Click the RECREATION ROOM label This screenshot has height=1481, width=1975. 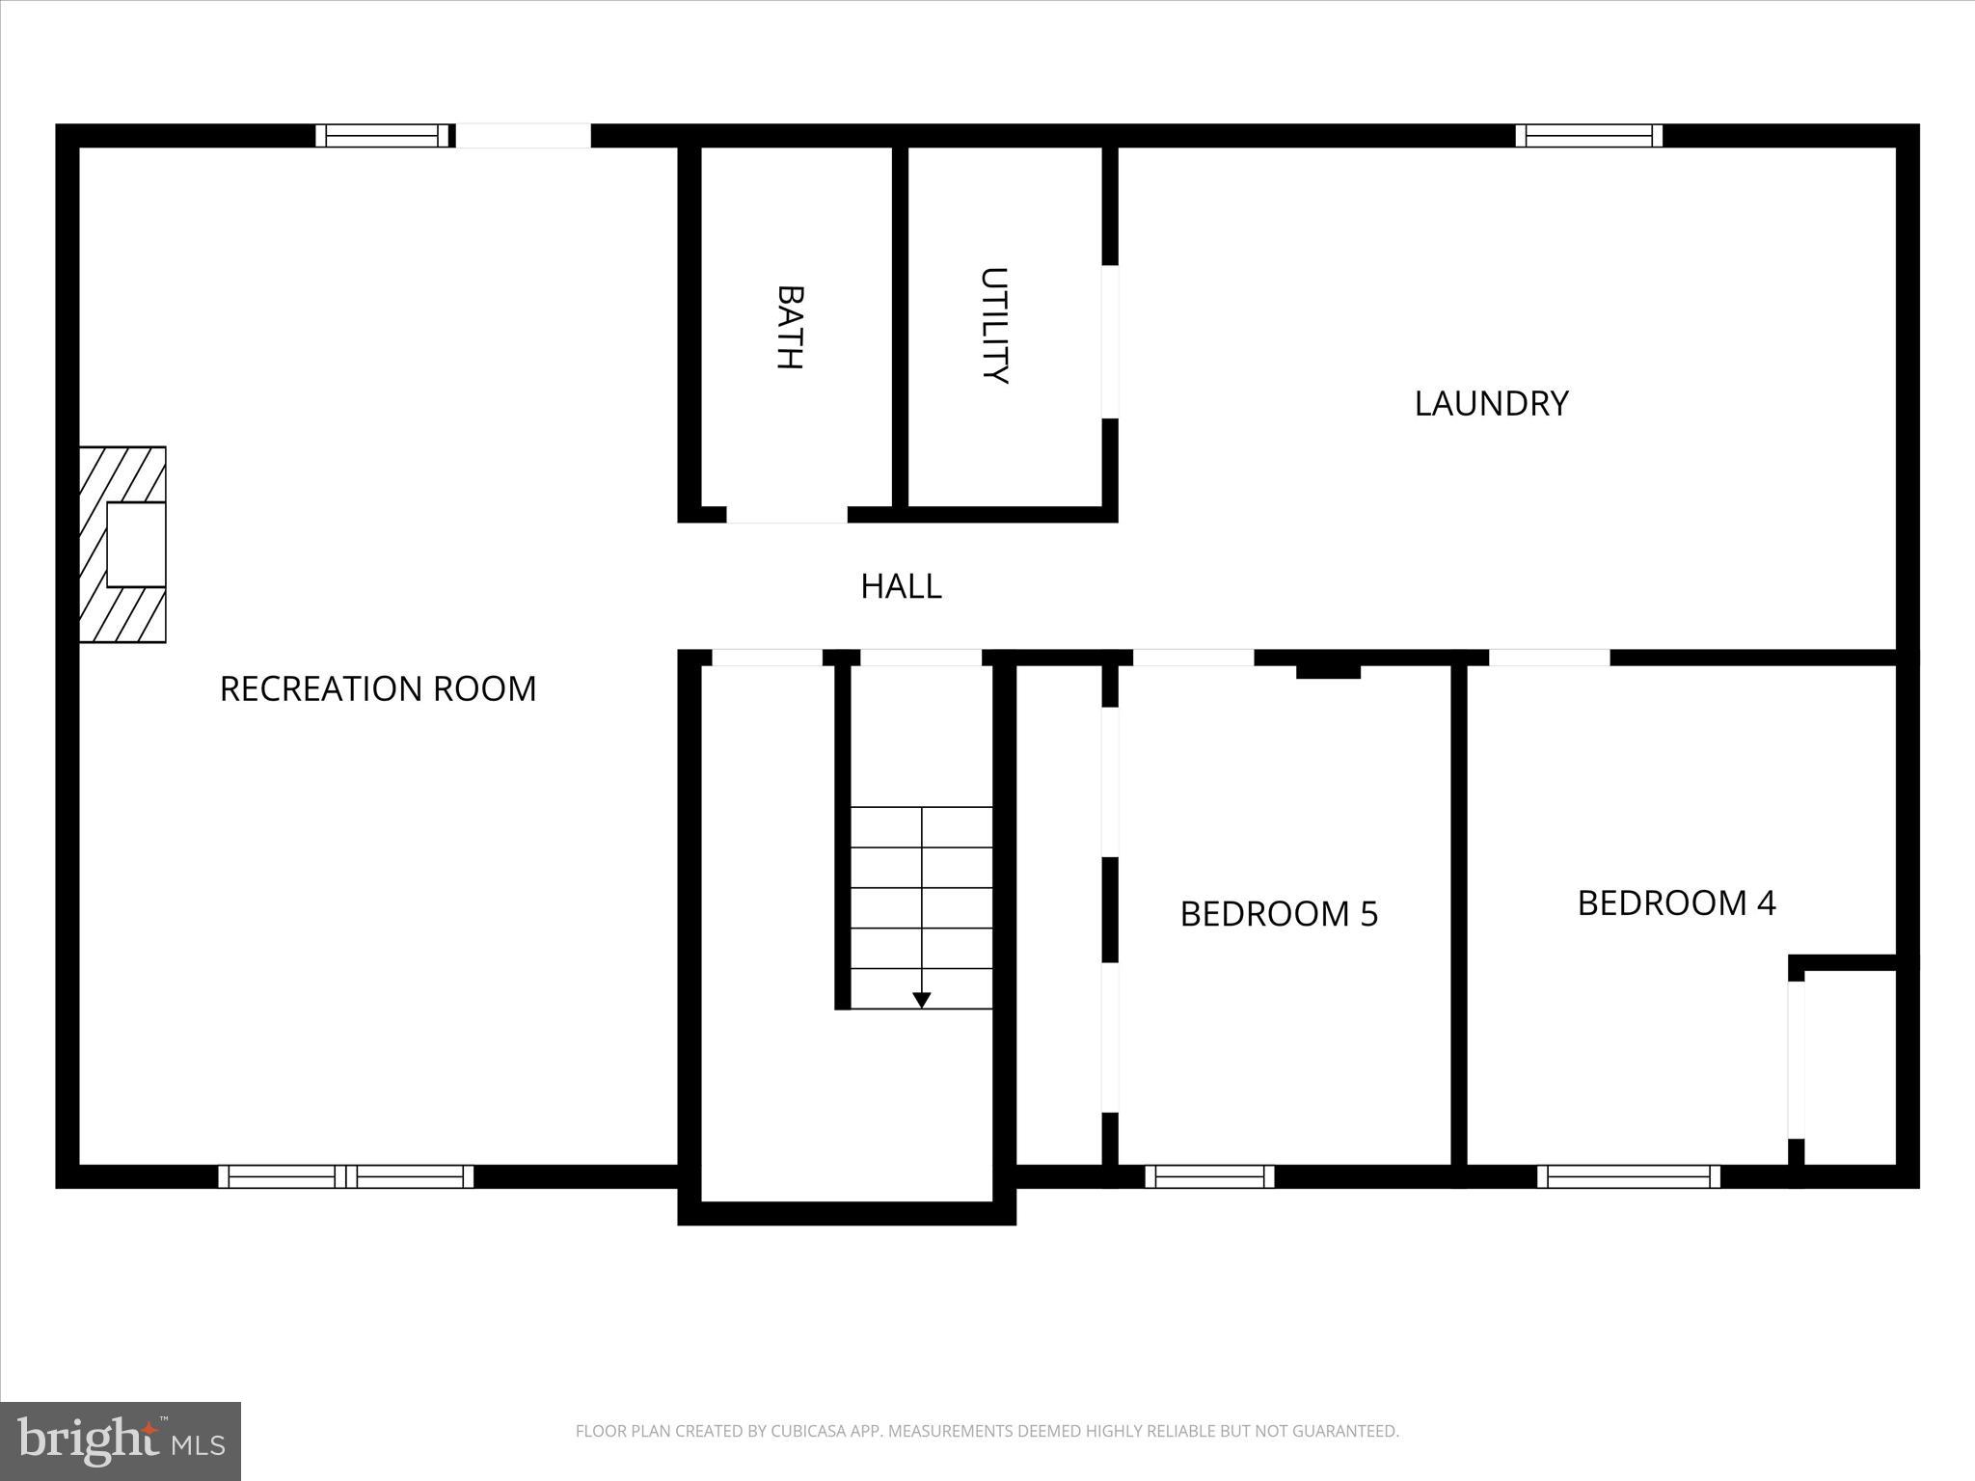coord(378,688)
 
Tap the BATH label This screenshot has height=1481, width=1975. coord(790,327)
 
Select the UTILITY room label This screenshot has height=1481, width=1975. coord(993,326)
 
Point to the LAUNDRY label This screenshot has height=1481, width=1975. coord(1491,403)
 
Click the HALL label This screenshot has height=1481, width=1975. coord(901,586)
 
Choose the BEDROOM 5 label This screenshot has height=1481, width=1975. coord(1279,913)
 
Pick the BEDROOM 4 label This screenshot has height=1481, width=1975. coord(1676,902)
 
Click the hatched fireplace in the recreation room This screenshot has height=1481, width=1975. coord(122,545)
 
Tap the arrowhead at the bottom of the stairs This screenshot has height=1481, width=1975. coord(921,1000)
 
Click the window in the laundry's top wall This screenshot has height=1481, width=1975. coord(1588,136)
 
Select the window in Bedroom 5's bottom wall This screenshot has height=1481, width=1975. coord(1209,1176)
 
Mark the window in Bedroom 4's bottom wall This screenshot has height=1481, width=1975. coord(1628,1176)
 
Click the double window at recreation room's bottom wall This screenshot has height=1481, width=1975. coord(345,1176)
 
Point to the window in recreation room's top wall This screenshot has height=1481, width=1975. coord(384,136)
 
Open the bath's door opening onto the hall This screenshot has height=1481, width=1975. coord(786,515)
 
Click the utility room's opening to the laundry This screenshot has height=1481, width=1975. coord(1110,341)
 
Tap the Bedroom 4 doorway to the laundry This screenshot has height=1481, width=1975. coord(1549,658)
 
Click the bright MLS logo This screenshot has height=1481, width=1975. coord(121,1441)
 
